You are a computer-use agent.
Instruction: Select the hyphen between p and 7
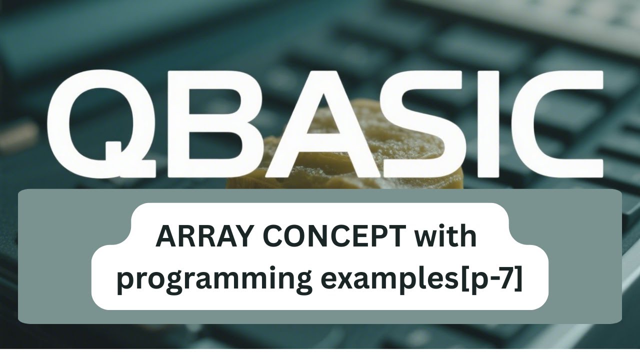(x=494, y=279)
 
